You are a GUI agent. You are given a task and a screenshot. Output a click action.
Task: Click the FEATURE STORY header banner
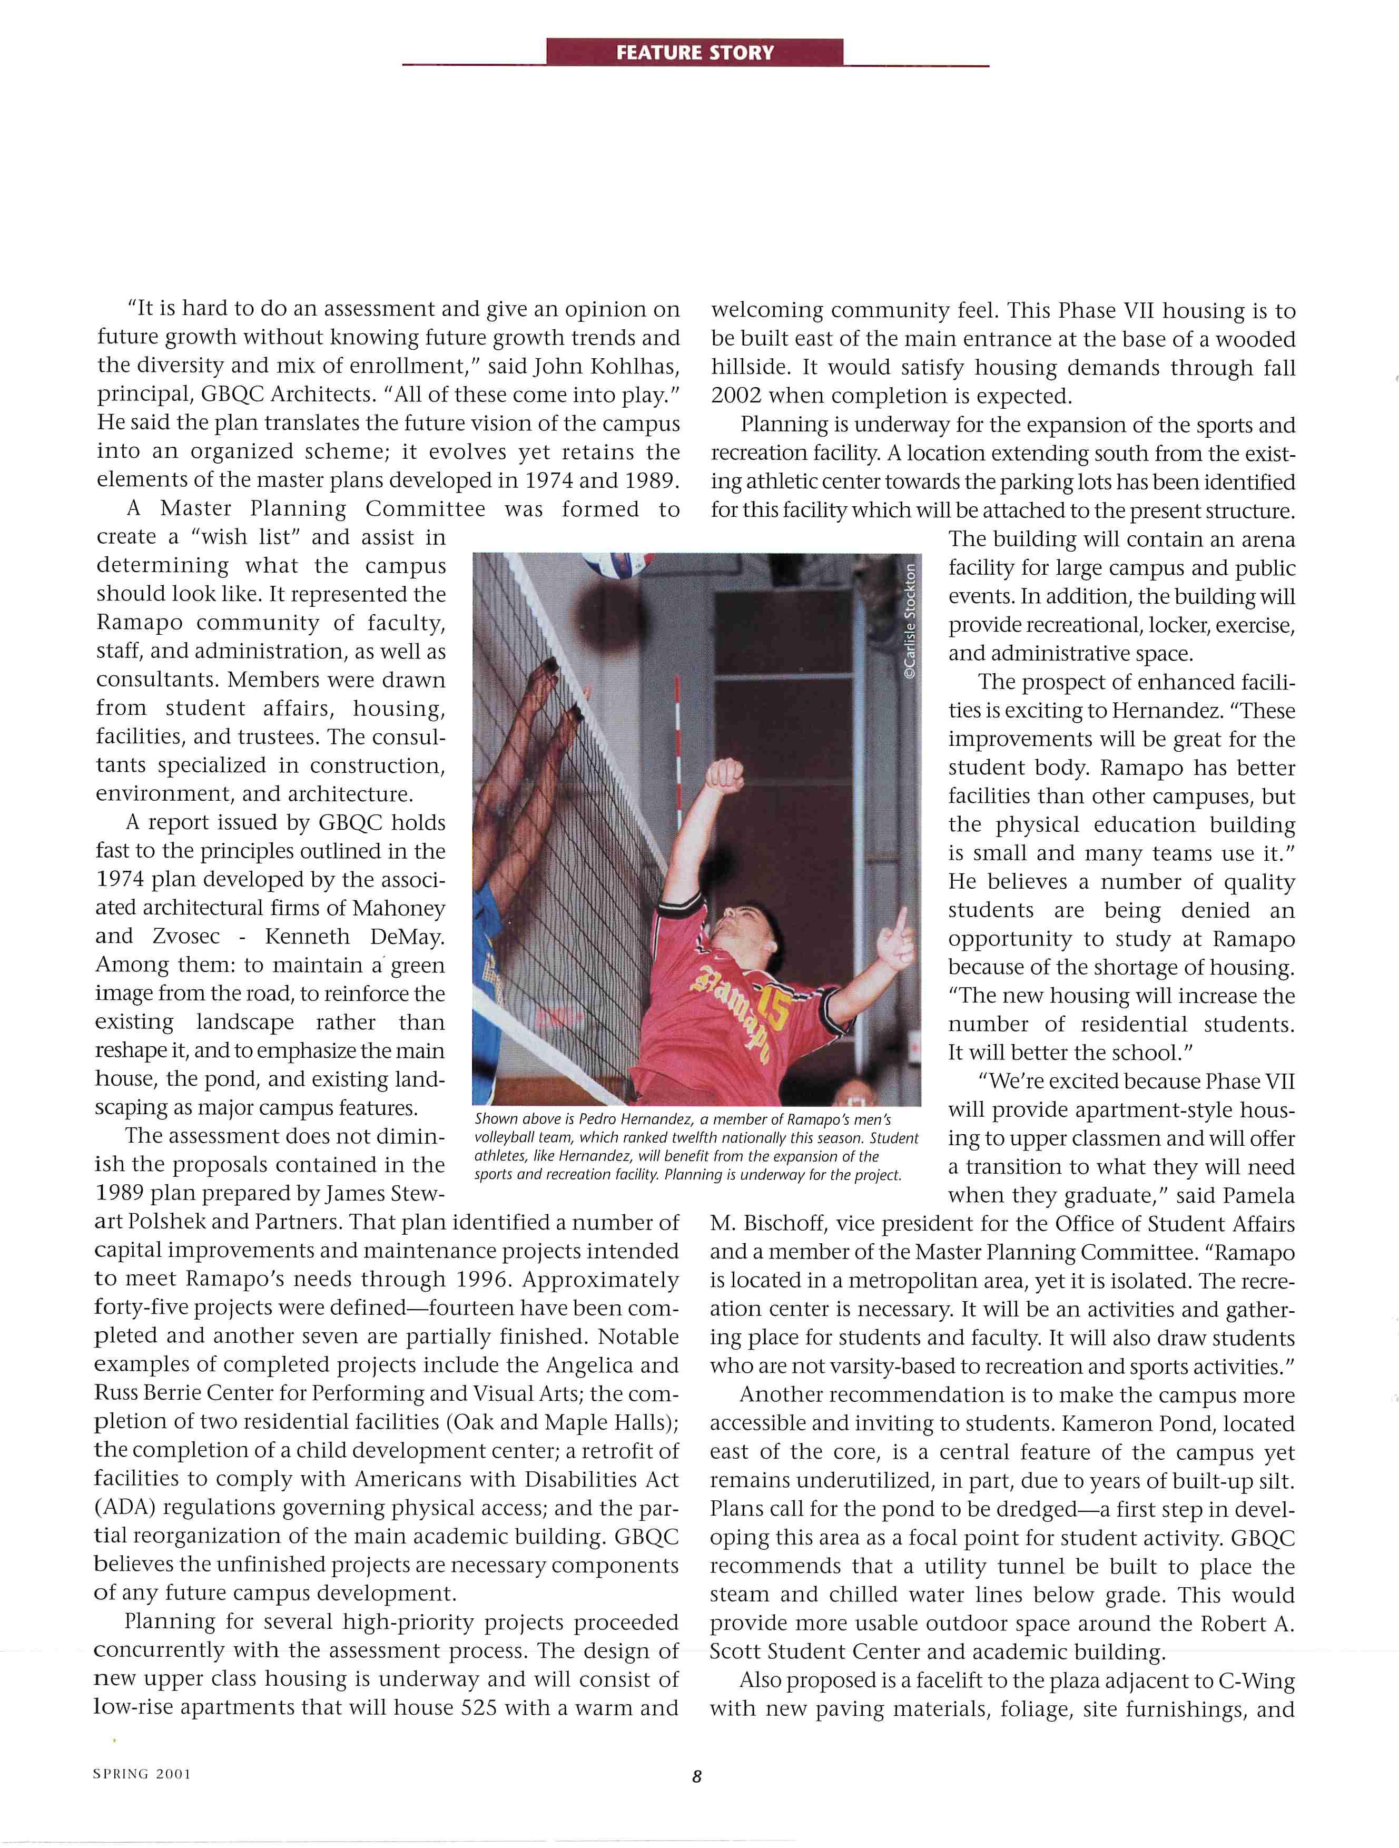(695, 53)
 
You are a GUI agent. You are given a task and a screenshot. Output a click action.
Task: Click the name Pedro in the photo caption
(596, 1119)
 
